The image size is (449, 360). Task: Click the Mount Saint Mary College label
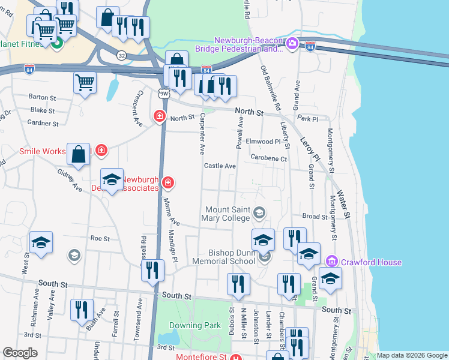click(228, 214)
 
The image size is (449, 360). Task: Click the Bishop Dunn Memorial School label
click(224, 257)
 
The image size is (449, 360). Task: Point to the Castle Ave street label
click(220, 166)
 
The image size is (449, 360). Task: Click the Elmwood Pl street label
click(263, 142)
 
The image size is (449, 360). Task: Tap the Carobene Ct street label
click(269, 159)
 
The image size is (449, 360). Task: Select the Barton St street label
click(42, 97)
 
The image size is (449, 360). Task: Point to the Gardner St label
click(43, 124)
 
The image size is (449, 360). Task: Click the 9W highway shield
click(164, 93)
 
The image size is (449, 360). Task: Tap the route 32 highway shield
click(122, 55)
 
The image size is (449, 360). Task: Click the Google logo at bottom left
click(20, 353)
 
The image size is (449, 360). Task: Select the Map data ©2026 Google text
click(411, 355)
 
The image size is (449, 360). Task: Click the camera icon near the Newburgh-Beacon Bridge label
click(292, 43)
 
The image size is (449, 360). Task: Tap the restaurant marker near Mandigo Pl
click(152, 269)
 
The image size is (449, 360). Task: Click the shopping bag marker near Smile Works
click(79, 154)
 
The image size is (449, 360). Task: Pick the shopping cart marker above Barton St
click(85, 82)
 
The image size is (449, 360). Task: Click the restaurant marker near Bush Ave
click(82, 309)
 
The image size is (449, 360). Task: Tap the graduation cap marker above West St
click(40, 242)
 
